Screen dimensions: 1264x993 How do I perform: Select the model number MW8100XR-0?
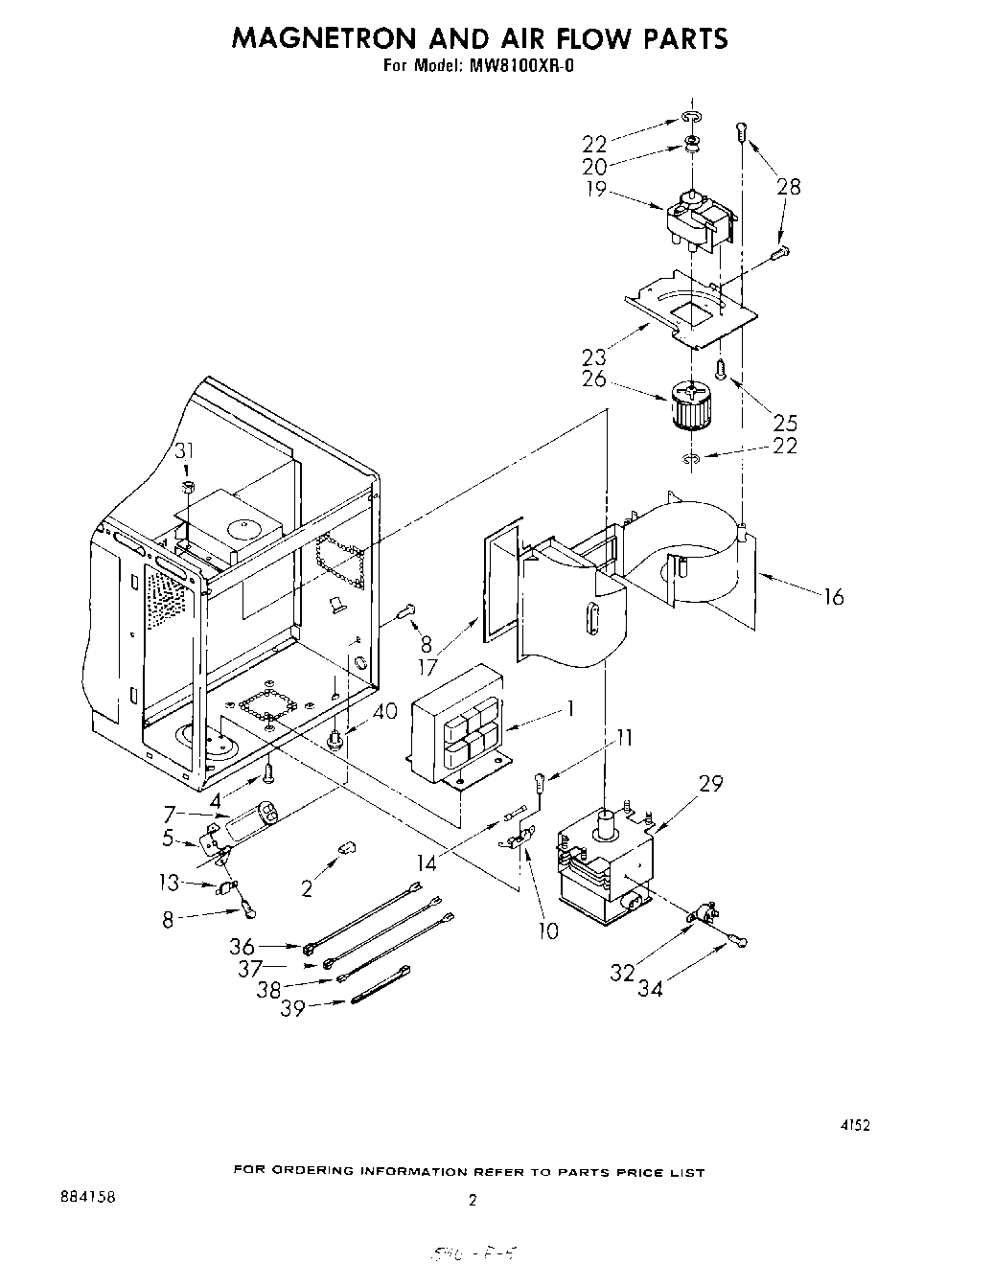click(521, 67)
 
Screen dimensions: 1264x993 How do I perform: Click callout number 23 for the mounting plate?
click(594, 356)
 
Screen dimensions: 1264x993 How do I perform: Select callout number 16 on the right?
click(834, 597)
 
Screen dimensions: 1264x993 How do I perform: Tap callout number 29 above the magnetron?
click(710, 783)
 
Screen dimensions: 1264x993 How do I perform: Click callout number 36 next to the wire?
click(242, 947)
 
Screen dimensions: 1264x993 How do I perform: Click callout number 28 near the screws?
click(789, 187)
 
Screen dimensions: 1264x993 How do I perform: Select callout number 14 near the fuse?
click(427, 862)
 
